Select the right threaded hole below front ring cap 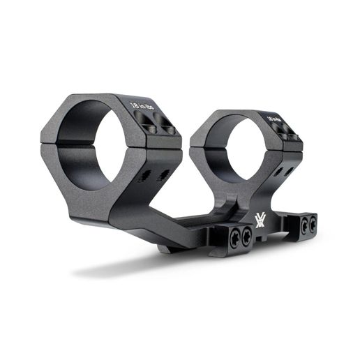tap(163, 174)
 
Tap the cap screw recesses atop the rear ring tap(285, 135)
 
